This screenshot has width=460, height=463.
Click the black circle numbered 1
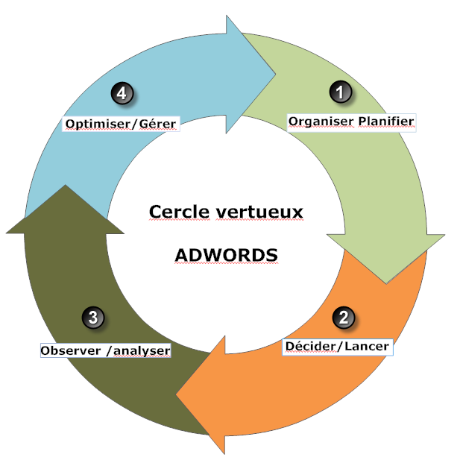341,92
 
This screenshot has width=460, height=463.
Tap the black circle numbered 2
344,318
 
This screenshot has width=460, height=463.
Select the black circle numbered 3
93,318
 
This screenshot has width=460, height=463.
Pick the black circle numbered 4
122,93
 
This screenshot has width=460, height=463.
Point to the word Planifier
386,122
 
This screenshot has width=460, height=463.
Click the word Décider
310,346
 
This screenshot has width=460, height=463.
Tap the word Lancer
366,347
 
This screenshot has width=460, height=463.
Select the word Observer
71,351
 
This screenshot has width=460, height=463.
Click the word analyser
142,351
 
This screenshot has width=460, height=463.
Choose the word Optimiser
98,124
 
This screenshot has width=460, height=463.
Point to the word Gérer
157,124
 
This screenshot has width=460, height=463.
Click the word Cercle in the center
179,212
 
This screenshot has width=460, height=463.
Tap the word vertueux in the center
259,212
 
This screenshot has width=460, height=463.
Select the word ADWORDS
226,255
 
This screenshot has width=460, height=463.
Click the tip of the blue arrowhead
276,75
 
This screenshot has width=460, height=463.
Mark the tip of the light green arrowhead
386,284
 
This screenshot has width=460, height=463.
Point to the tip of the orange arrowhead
176,394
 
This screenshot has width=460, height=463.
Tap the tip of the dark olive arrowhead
66,185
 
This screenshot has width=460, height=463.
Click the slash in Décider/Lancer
339,347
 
